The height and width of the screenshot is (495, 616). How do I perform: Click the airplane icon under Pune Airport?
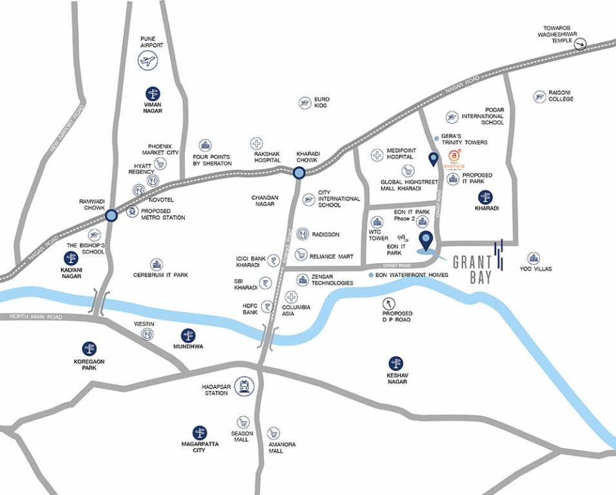(148, 61)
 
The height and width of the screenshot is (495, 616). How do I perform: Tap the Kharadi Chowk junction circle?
(299, 173)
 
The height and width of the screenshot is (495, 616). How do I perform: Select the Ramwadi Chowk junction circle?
(111, 215)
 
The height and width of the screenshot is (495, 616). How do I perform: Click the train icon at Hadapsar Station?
(244, 386)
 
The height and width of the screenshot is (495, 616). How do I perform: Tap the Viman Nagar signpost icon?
(153, 93)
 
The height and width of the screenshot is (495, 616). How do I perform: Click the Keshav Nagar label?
(398, 378)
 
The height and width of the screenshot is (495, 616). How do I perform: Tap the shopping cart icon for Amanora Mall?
(274, 432)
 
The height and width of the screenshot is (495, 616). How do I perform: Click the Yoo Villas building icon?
(533, 258)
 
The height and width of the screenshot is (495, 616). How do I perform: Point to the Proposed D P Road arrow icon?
(389, 303)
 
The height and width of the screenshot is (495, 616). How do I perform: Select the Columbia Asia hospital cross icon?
(292, 297)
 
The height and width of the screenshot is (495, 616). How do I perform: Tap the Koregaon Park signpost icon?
(89, 349)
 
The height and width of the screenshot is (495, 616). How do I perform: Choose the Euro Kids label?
(322, 102)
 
